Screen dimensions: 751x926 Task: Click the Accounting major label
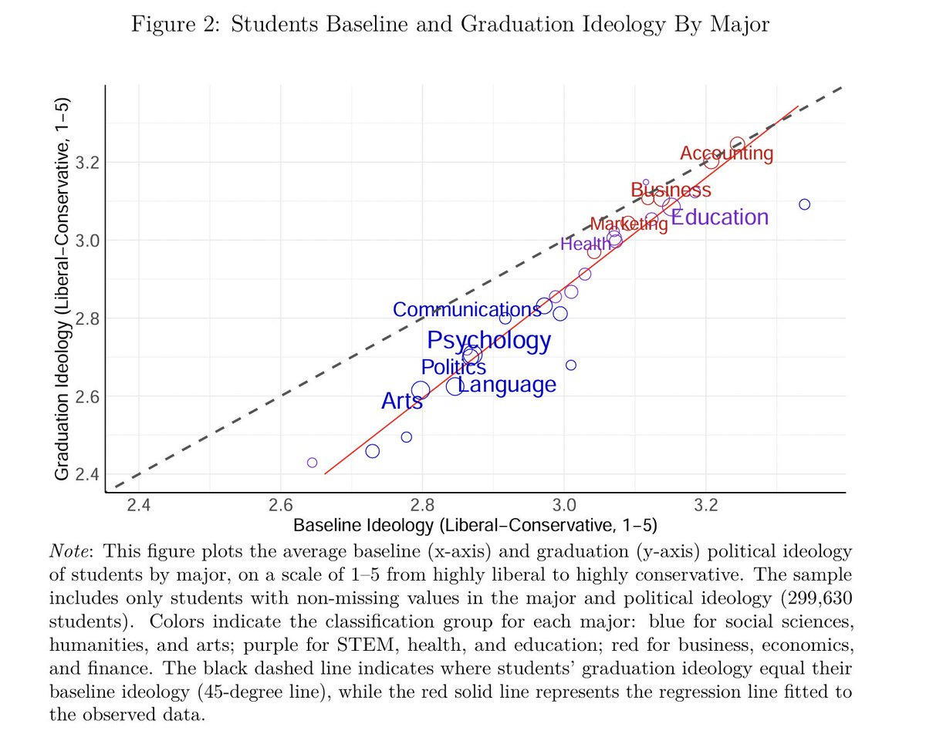[725, 153]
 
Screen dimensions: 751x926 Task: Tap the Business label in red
[671, 190]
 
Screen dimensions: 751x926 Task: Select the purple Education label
[719, 217]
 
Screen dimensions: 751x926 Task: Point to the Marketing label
[629, 224]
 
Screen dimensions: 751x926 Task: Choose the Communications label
[467, 309]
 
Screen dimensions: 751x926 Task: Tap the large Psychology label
[489, 340]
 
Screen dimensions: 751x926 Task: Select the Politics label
[454, 368]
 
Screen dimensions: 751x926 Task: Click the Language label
[507, 385]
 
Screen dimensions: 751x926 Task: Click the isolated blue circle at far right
[804, 204]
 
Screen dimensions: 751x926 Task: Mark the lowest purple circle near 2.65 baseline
[312, 463]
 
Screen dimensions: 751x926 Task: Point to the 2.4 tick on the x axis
[138, 504]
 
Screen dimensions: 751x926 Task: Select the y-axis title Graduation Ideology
[63, 289]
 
